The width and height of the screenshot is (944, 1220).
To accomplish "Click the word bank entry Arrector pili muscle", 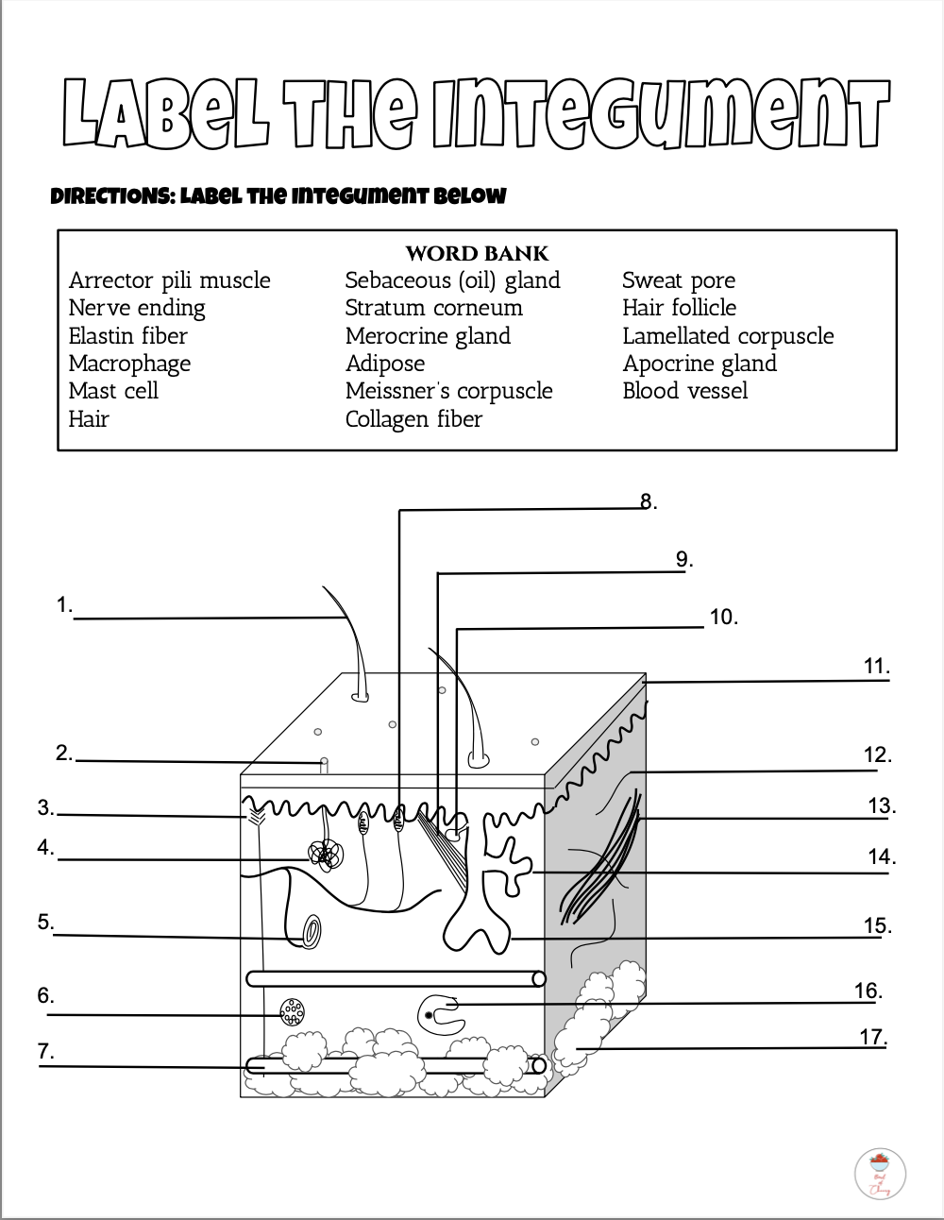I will tap(169, 280).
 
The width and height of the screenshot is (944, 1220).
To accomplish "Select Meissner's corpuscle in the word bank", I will tap(448, 391).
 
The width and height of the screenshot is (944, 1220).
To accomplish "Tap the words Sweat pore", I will tap(678, 280).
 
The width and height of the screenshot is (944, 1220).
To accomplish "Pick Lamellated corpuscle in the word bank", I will tap(728, 336).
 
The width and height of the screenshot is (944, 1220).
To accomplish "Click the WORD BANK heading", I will tap(477, 253).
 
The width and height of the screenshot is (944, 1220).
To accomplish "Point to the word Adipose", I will tap(384, 364).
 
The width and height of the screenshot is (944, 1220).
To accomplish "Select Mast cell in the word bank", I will tap(113, 391).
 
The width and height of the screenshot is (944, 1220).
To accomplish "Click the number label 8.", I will tap(648, 501).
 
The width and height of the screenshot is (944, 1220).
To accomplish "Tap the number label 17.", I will tap(872, 1037).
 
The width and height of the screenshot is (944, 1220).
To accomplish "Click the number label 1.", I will tap(64, 605).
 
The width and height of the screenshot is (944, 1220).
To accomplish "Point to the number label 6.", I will tap(45, 995).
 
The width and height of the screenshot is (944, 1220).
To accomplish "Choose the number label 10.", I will tap(723, 618).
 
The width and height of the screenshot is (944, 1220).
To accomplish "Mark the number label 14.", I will tap(881, 857).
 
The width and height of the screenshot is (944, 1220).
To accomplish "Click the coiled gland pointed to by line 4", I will tap(325, 855).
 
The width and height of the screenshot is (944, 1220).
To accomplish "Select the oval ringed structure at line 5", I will tap(311, 931).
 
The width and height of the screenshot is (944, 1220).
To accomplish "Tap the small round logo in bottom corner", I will tap(879, 1173).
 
